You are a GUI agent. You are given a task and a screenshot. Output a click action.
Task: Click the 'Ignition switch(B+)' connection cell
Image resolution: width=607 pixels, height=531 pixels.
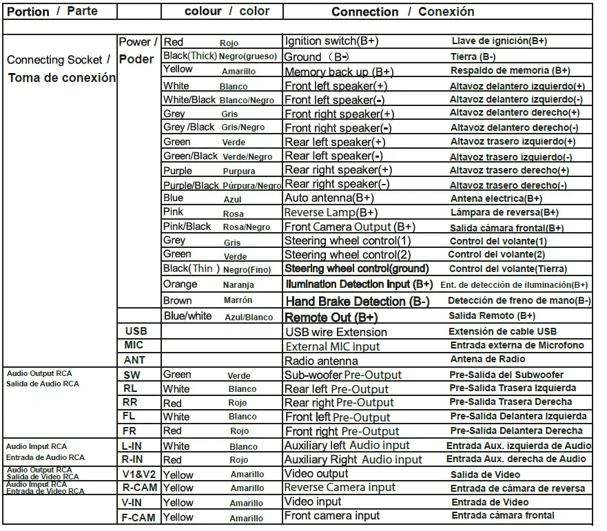point(331,41)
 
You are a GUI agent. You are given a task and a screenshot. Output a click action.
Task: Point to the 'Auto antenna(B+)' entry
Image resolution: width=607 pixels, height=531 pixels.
point(329,198)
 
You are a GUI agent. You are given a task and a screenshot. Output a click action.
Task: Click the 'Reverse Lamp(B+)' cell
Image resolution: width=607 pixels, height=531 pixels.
point(331,213)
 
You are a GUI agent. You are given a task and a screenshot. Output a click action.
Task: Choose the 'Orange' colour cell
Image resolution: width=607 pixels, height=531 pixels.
point(181,284)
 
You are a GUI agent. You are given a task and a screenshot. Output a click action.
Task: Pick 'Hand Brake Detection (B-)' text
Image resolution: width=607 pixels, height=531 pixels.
point(357,301)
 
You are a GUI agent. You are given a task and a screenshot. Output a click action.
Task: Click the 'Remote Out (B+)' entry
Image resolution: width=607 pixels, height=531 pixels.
point(331,317)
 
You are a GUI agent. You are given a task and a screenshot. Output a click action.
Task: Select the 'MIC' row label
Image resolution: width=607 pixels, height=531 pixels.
point(134,345)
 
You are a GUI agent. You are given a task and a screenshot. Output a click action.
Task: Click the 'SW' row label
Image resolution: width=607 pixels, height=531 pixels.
point(132,375)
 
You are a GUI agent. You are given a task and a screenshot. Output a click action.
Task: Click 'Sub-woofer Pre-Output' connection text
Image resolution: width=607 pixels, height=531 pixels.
point(342,375)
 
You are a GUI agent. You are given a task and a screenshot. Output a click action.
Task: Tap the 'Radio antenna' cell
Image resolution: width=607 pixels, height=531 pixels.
point(321,361)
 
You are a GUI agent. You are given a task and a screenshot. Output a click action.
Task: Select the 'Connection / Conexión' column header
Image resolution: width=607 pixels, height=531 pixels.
point(402,12)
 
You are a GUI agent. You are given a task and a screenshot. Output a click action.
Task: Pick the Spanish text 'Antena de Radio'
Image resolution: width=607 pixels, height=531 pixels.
point(487,359)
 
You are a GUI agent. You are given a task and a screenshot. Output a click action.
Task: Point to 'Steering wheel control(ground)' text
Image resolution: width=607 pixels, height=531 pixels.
point(356,269)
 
